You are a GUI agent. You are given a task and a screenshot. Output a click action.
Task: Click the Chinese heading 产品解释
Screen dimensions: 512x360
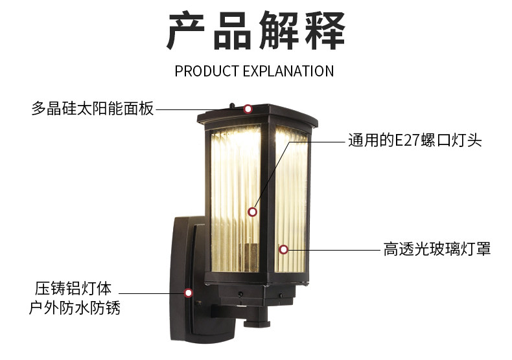pyautogui.click(x=256, y=30)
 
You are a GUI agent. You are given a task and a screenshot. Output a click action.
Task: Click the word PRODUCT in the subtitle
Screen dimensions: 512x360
pyautogui.click(x=207, y=71)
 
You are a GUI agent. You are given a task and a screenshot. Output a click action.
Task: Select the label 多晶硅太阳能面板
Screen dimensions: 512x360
pyautogui.click(x=93, y=108)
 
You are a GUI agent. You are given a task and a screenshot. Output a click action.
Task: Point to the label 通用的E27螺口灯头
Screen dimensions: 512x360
pyautogui.click(x=415, y=141)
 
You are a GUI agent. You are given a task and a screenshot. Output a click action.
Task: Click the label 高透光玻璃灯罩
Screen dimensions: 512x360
pyautogui.click(x=437, y=249)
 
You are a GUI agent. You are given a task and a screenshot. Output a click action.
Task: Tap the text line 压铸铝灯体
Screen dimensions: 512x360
pyautogui.click(x=73, y=288)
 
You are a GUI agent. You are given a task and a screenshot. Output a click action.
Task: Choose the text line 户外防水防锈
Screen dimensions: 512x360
pyautogui.click(x=75, y=308)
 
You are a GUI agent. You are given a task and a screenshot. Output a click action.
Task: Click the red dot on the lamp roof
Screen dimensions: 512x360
pyautogui.click(x=248, y=109)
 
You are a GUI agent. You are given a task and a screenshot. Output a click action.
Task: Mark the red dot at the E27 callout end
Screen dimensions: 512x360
pyautogui.click(x=252, y=212)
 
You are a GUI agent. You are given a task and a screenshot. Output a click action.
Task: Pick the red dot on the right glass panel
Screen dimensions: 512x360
pyautogui.click(x=283, y=250)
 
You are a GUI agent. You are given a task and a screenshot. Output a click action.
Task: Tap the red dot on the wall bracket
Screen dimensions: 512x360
pyautogui.click(x=188, y=293)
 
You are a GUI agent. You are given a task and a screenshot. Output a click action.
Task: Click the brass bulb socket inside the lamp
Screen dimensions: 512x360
pyautogui.click(x=248, y=258)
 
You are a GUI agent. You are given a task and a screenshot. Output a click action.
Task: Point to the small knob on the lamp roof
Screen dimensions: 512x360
pyautogui.click(x=232, y=106)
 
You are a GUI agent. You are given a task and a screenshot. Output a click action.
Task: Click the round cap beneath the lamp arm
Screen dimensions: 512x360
pyautogui.click(x=257, y=323)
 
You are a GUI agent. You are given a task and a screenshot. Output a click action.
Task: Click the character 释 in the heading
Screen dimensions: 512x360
pyautogui.click(x=325, y=30)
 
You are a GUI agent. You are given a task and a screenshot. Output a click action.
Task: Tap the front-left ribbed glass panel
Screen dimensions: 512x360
pyautogui.click(x=236, y=199)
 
